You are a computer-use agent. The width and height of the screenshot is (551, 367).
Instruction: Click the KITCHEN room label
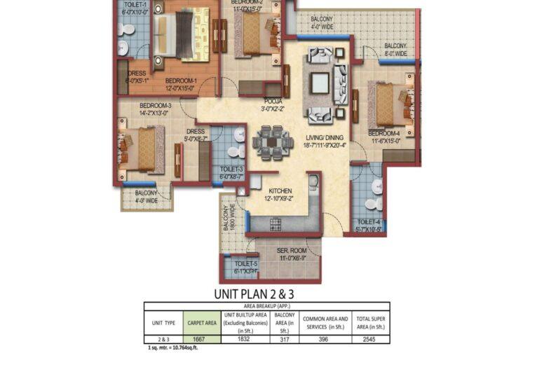[279, 191]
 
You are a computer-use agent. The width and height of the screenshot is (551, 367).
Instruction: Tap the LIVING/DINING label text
[327, 138]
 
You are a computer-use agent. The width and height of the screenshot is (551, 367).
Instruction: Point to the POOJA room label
[273, 101]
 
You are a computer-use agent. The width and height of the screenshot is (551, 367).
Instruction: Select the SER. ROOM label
[289, 250]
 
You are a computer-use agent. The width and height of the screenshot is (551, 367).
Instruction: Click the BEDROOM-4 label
[384, 133]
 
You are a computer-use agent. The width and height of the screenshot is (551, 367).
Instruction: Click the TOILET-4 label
[368, 222]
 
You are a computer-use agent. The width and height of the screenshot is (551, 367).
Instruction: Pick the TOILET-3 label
[231, 169]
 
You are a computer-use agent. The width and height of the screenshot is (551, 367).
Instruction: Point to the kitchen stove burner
[275, 223]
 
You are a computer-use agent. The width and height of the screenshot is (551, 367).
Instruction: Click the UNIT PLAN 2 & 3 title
[254, 294]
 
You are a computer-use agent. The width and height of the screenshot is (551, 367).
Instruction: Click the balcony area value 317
[283, 338]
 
